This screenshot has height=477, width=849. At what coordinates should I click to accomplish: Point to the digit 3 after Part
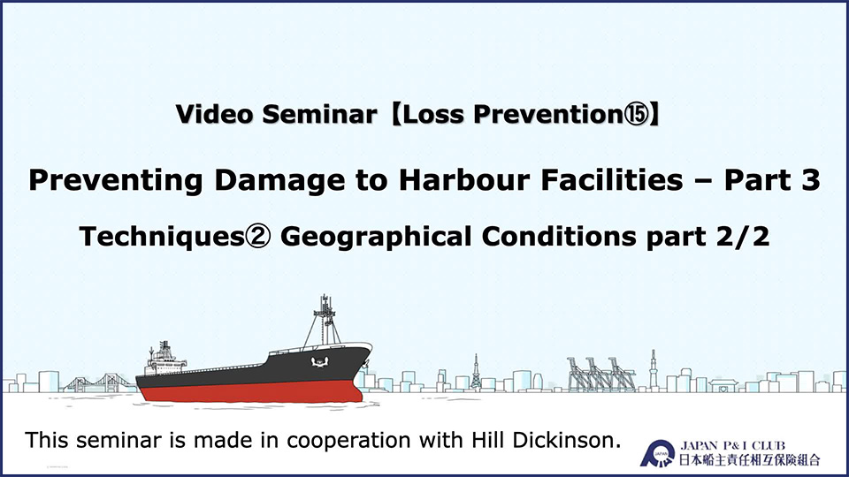click(x=811, y=180)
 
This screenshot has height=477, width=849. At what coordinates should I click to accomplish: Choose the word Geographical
click(x=376, y=238)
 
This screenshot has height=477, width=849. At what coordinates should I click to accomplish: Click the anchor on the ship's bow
click(x=319, y=361)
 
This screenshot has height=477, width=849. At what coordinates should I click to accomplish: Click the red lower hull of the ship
click(x=250, y=391)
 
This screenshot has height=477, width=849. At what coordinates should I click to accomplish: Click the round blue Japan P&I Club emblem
click(x=657, y=453)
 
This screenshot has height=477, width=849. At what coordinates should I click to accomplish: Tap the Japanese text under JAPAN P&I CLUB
click(x=749, y=459)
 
